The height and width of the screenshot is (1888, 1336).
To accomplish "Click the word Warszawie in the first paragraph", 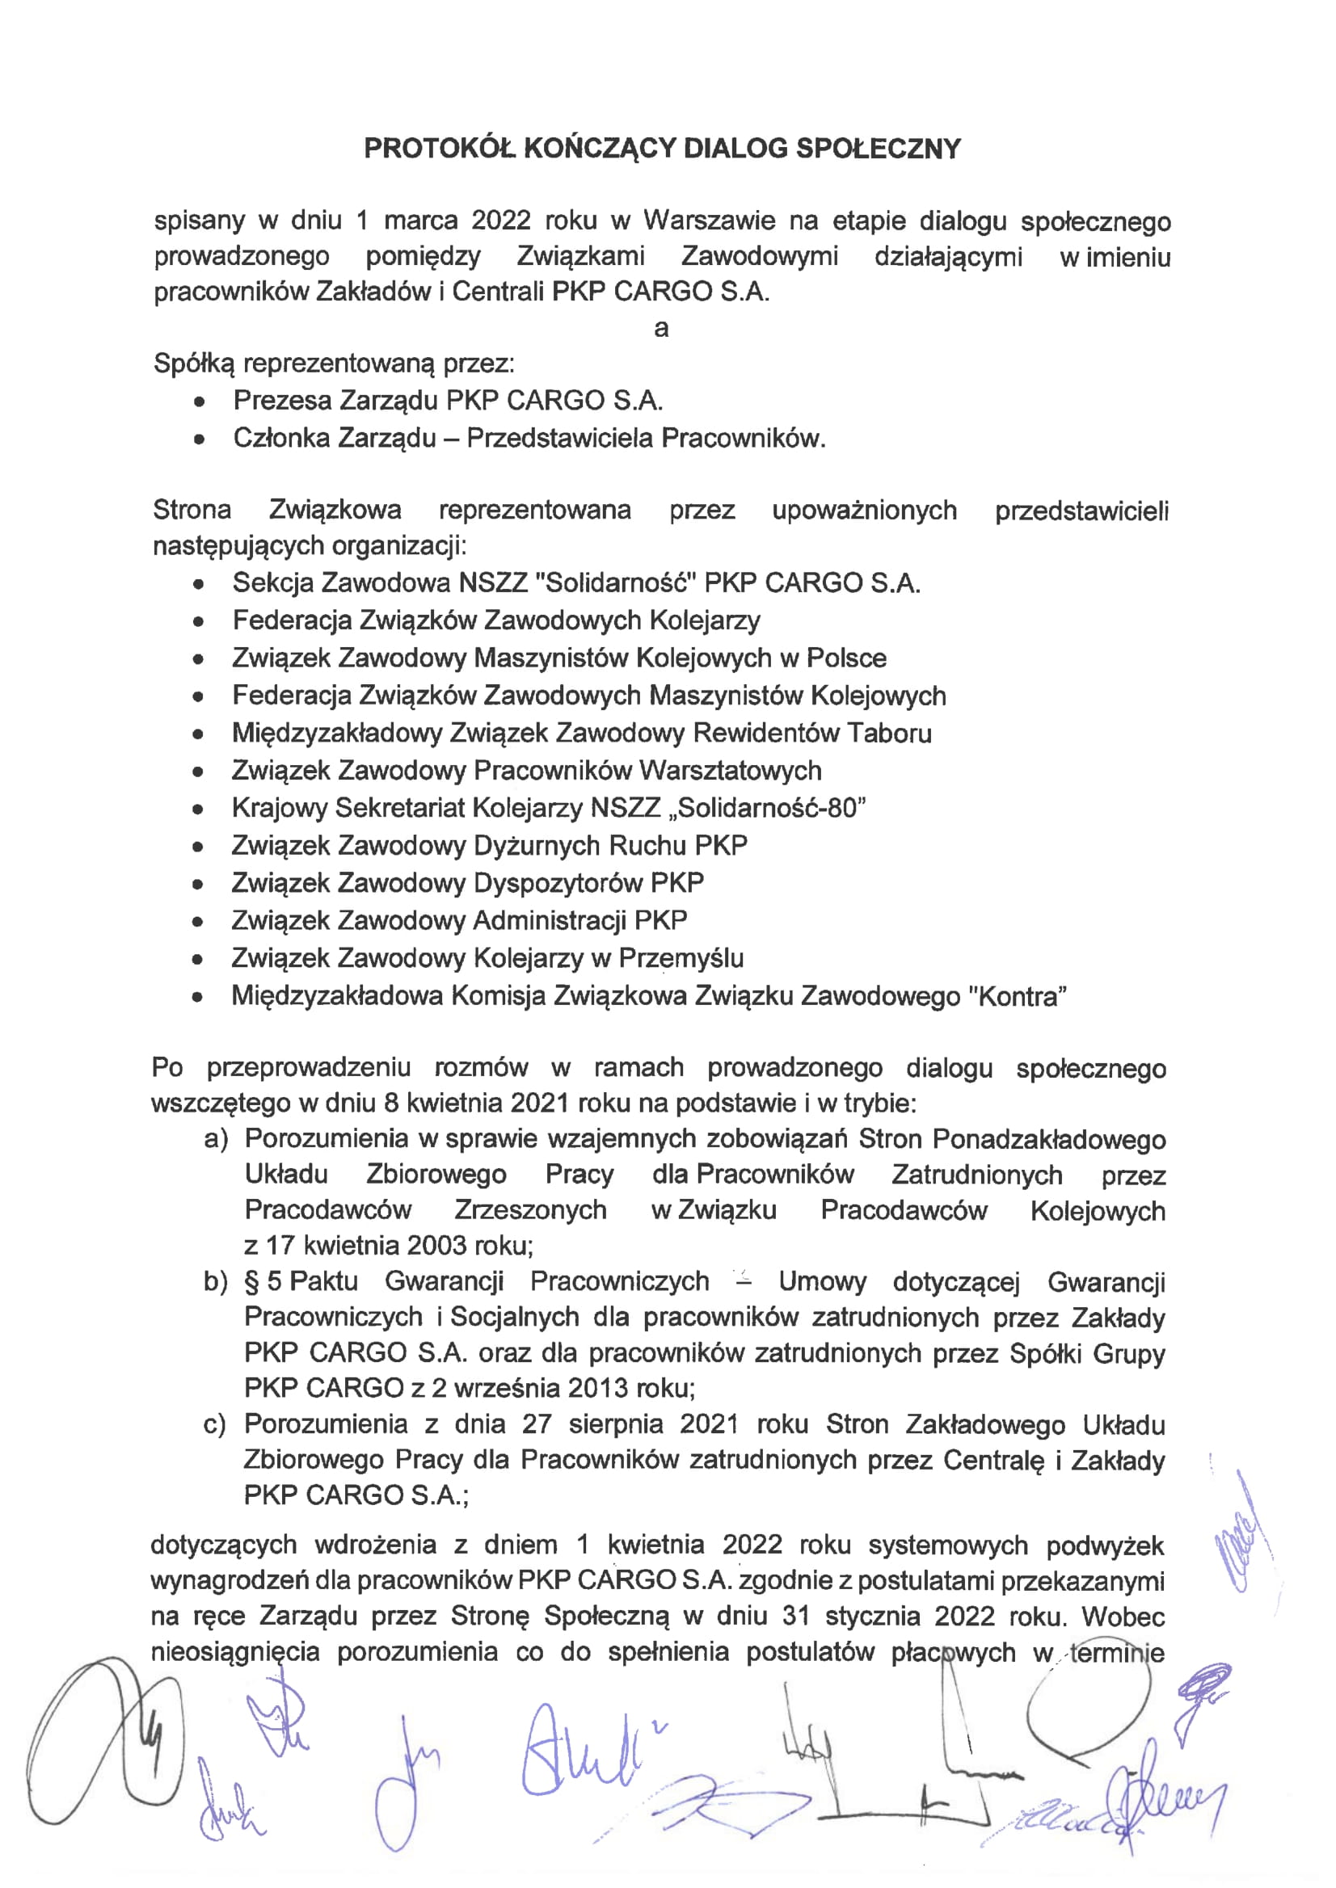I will (x=708, y=221).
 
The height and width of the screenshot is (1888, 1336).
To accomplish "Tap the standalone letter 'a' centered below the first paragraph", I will (x=660, y=328).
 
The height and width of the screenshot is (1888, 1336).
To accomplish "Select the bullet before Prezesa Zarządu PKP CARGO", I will (x=198, y=402).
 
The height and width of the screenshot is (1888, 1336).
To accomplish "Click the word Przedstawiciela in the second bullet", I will (x=559, y=438).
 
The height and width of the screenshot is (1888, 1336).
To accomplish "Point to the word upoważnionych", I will (x=864, y=510).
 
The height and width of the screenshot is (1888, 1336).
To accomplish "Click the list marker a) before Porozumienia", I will (x=216, y=1139).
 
